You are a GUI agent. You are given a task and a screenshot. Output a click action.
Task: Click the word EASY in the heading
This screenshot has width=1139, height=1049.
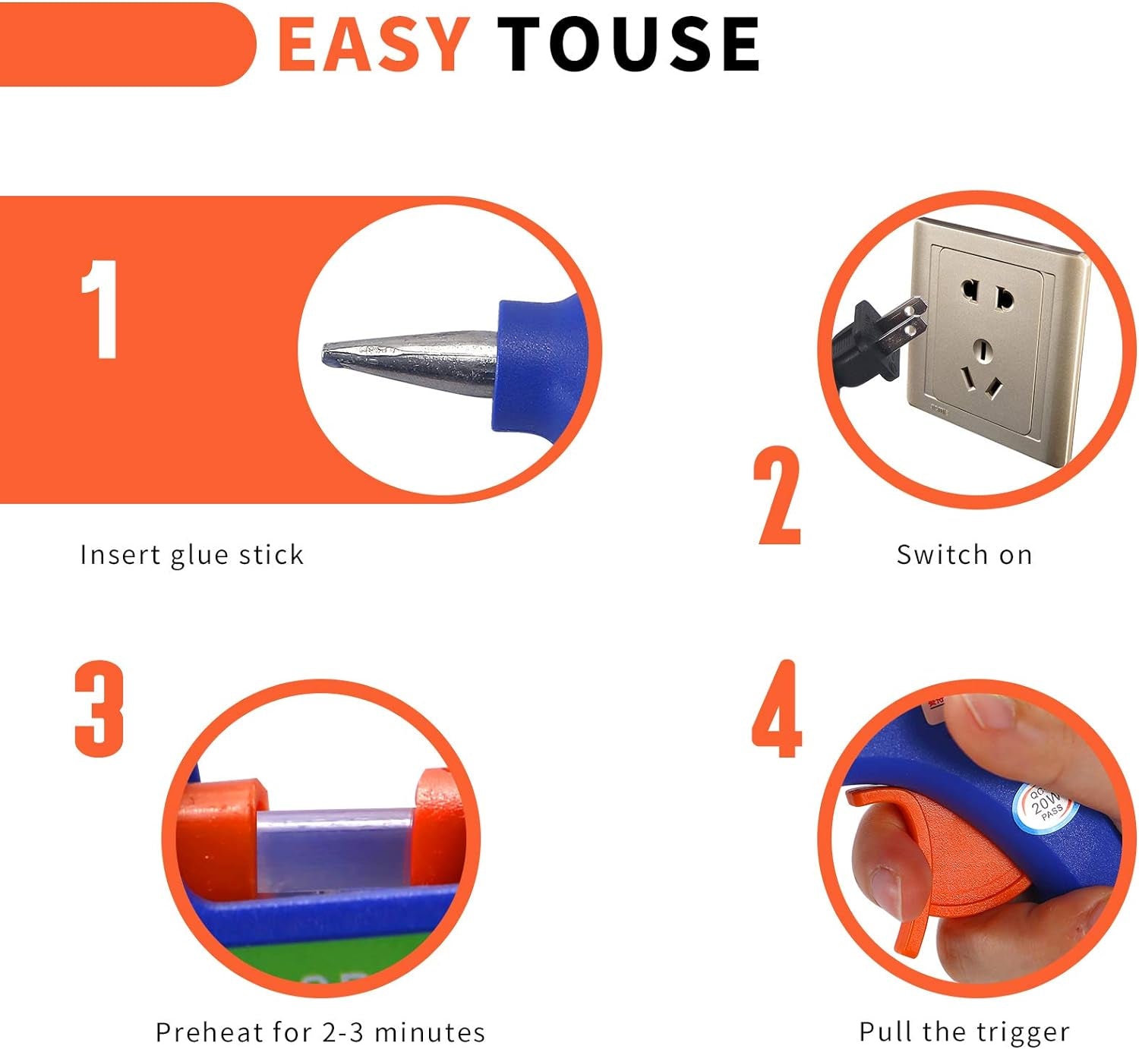[x=373, y=45]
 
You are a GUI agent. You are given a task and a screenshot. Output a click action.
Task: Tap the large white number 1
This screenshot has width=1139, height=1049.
[x=100, y=309]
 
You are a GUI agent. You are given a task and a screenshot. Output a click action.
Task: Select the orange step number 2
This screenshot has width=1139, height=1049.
[x=778, y=496]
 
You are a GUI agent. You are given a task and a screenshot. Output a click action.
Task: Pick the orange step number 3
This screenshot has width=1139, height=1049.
[x=99, y=709]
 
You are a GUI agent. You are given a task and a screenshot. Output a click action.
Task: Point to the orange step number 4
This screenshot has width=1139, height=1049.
[x=776, y=710]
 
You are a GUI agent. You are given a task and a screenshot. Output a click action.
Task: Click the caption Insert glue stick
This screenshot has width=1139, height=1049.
[x=191, y=555]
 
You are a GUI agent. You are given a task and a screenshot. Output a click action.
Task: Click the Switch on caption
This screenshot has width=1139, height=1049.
[x=964, y=555]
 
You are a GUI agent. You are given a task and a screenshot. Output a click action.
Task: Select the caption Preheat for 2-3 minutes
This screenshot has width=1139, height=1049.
[x=320, y=1032]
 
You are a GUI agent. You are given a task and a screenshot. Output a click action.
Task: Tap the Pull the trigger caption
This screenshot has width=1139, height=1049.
[x=964, y=1032]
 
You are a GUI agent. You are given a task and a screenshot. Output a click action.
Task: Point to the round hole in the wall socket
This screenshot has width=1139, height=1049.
[x=983, y=351]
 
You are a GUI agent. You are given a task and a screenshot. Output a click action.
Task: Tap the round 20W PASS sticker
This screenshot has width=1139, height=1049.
[x=1047, y=806]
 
